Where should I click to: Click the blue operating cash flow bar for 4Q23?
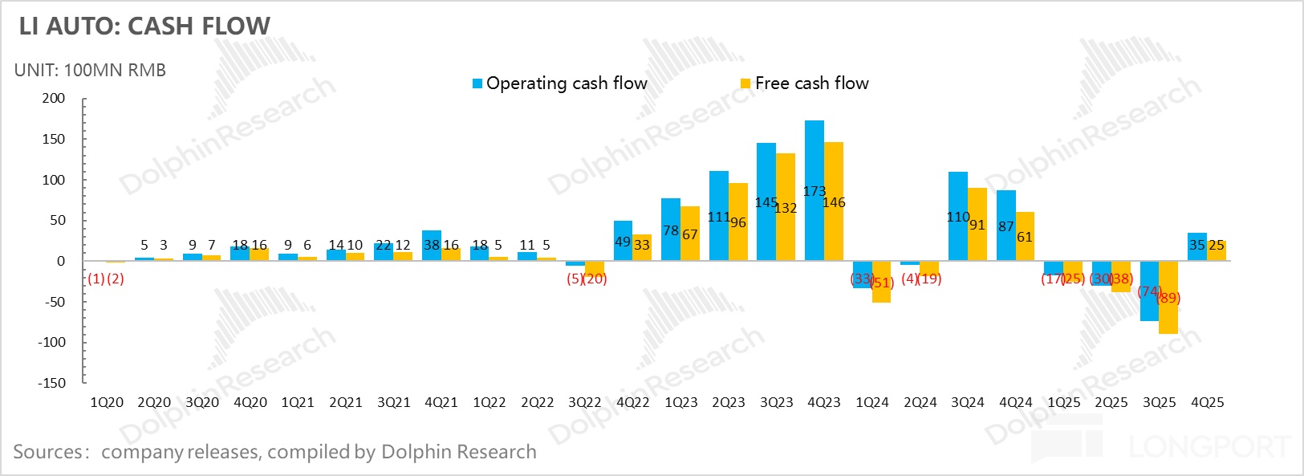point(814,161)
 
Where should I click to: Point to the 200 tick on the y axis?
point(54,99)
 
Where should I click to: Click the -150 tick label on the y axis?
point(51,383)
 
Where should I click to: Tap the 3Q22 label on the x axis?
point(585,403)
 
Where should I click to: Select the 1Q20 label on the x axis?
point(107,403)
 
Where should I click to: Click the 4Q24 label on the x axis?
point(1016,403)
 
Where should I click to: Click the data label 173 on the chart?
point(814,191)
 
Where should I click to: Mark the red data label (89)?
point(1168,299)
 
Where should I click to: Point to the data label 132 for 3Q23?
point(786,208)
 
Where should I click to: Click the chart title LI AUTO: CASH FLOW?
point(144,26)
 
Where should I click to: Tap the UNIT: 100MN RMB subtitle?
point(90,71)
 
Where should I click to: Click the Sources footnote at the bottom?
point(274,452)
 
